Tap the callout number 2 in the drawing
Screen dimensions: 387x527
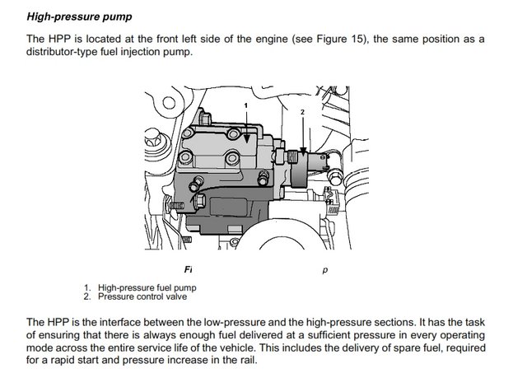pos(302,111)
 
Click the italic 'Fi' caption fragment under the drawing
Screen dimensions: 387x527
pos(189,268)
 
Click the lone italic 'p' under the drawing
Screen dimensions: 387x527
pos(325,268)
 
